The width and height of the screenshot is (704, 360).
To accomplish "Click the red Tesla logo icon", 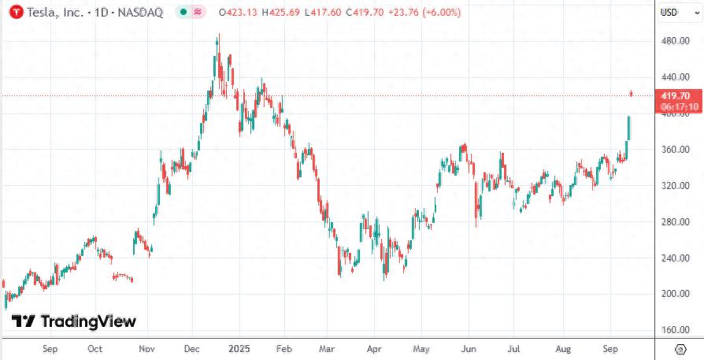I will click(x=14, y=13).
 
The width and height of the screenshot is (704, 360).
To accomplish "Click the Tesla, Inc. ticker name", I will click(x=53, y=13).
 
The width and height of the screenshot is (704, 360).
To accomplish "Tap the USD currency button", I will click(x=669, y=12).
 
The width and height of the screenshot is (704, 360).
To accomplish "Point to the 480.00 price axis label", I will click(x=675, y=41).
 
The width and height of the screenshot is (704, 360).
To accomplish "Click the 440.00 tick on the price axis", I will click(x=675, y=77).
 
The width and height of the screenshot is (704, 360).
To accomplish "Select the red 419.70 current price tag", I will click(x=675, y=95).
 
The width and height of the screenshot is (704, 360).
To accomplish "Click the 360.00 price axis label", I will click(x=675, y=150).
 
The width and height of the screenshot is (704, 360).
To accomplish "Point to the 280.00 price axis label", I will click(x=675, y=222).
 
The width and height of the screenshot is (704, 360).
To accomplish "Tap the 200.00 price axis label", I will click(x=675, y=294).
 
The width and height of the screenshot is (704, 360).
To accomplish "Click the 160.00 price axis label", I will click(x=675, y=330).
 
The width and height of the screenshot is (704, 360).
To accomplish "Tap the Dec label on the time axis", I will click(x=191, y=348).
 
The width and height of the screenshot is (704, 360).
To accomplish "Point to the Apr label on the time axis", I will click(x=374, y=348).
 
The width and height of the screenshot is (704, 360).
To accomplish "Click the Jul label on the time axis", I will click(x=514, y=348).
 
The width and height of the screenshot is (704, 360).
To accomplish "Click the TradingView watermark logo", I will click(x=76, y=321).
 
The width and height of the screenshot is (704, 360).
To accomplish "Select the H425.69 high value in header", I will click(x=286, y=13).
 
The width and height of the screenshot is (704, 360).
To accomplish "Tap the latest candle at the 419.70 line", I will click(x=632, y=95).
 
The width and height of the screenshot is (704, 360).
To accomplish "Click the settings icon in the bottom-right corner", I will click(x=680, y=348).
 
